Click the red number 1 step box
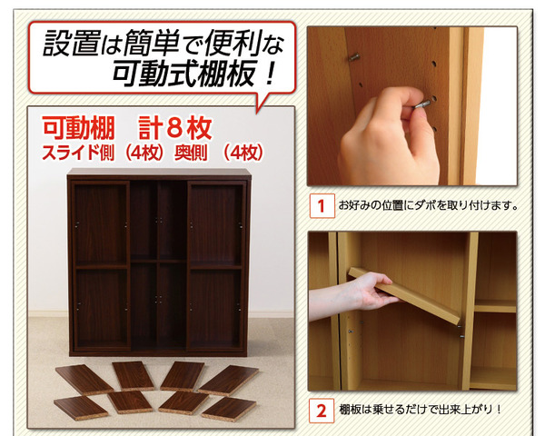tap(322, 206)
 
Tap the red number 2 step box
tap(322, 411)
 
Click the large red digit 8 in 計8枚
tap(174, 128)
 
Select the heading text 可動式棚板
tap(185, 74)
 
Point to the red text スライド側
tap(78, 153)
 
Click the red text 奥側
tap(191, 153)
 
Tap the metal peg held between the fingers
tap(422, 104)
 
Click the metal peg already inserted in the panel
tap(354, 57)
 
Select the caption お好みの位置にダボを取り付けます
tap(428, 205)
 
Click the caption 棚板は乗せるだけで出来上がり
tap(420, 410)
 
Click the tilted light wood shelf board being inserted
tap(405, 295)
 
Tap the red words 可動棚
tap(78, 128)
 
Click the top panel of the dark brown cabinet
tap(159, 172)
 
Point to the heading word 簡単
tap(152, 44)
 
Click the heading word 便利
tap(233, 44)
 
